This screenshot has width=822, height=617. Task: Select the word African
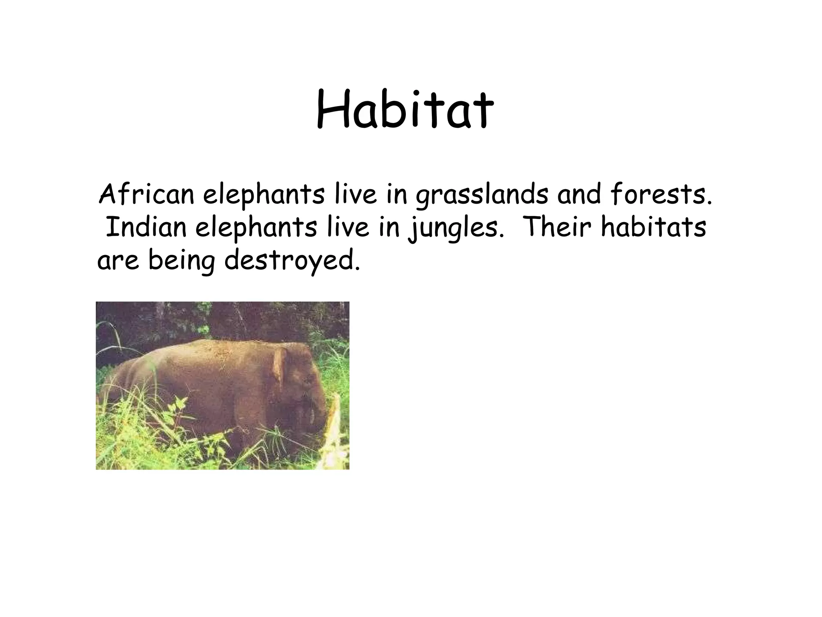[146, 195]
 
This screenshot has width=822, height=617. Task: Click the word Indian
[146, 227]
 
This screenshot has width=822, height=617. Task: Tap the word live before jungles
[347, 227]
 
